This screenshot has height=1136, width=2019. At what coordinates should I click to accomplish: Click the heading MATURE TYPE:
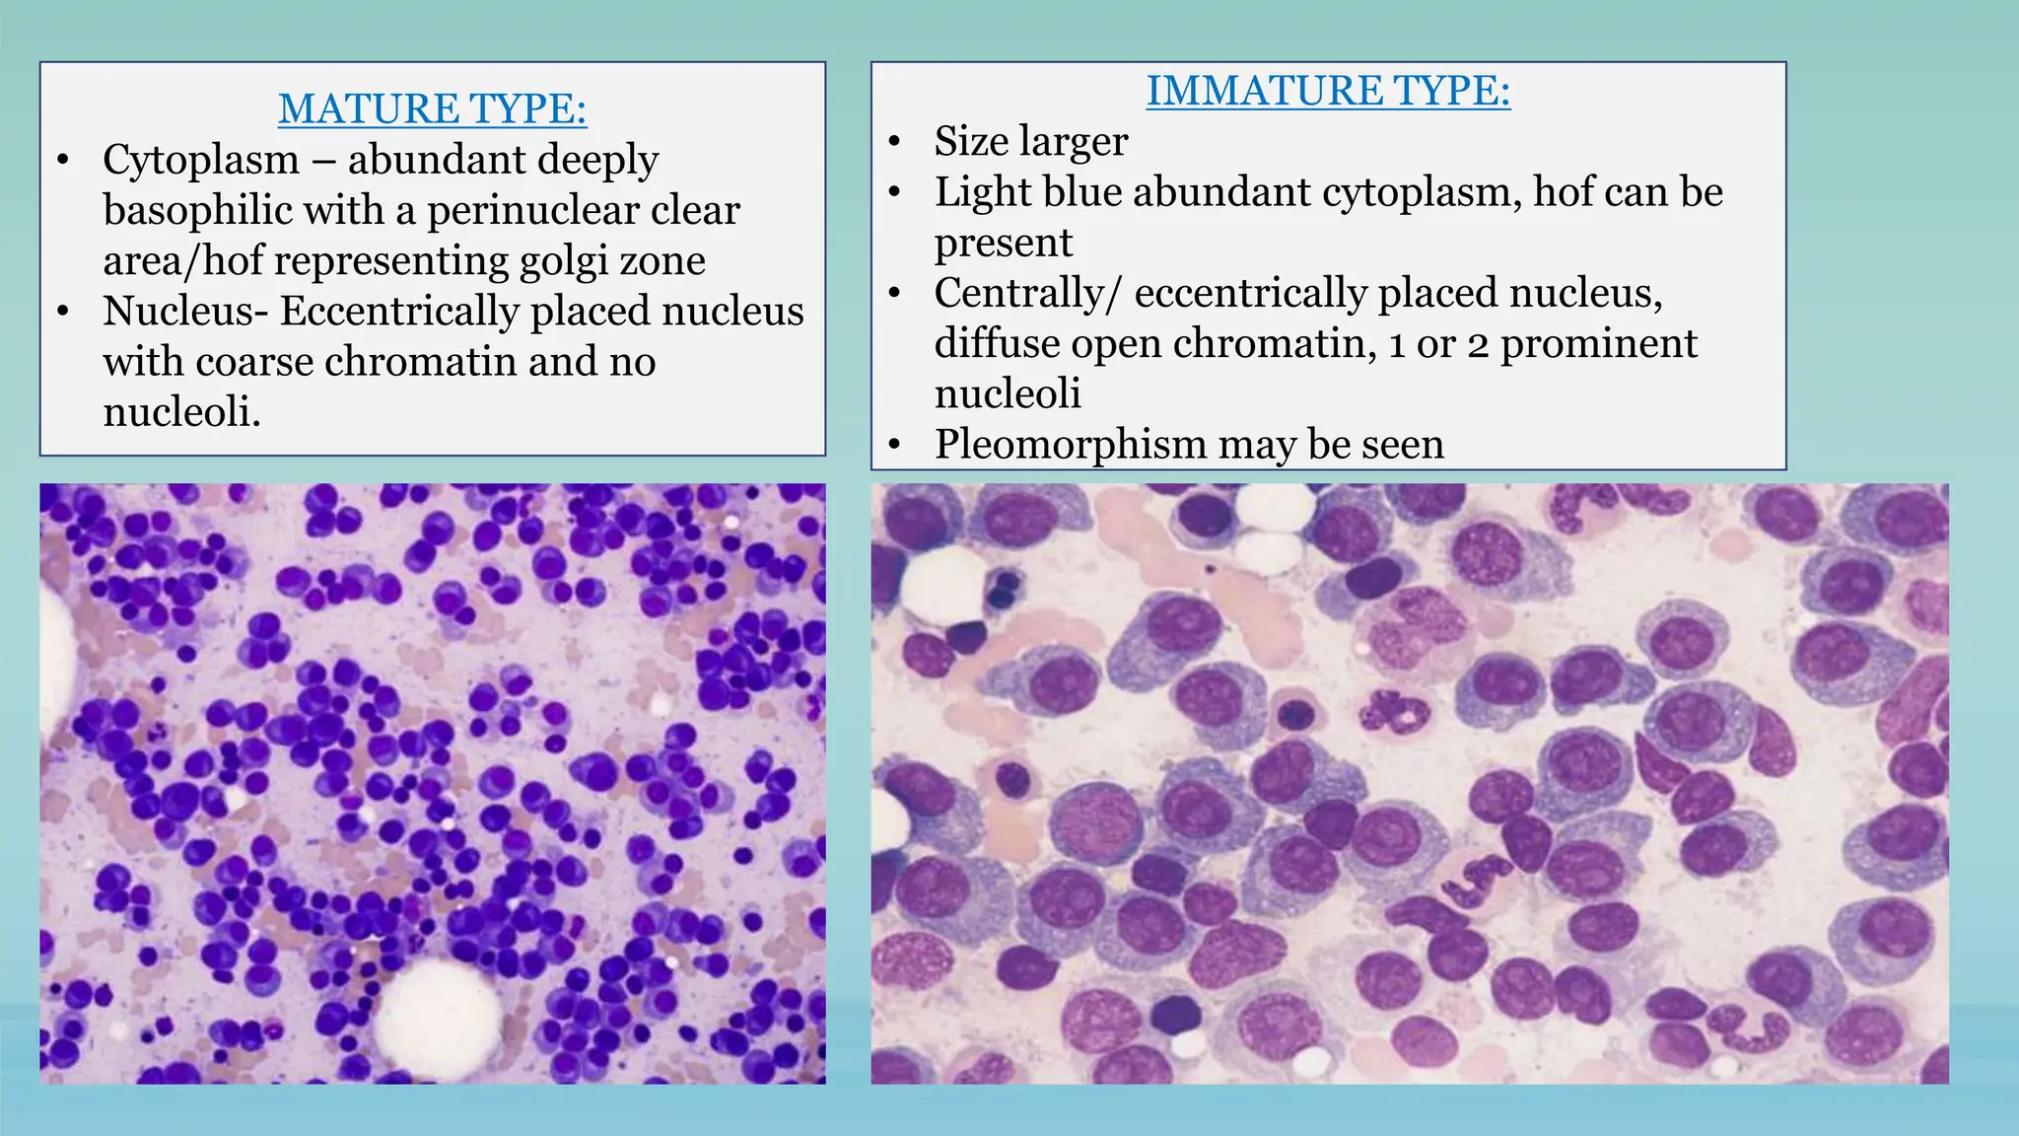point(432,108)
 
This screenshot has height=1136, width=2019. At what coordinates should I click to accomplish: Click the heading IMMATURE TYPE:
point(1327,91)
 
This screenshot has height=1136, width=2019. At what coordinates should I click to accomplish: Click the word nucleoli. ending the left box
point(181,411)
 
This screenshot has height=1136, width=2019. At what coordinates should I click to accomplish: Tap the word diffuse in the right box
point(996,343)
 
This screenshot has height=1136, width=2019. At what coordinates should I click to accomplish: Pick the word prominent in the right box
point(1598,343)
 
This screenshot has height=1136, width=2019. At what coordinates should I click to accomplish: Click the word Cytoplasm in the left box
point(201,160)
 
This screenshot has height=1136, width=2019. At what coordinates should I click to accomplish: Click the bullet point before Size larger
point(894,142)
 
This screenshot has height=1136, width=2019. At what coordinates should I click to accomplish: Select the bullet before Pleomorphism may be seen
point(894,446)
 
